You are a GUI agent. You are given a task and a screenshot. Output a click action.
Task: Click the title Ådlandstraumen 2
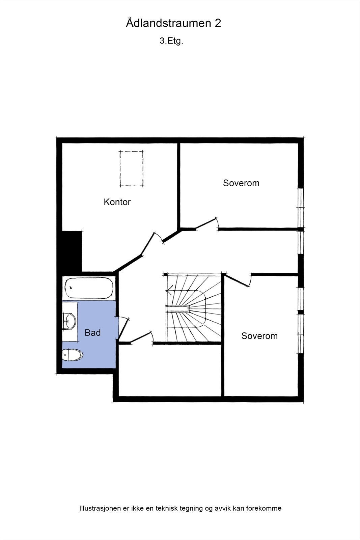[173, 23]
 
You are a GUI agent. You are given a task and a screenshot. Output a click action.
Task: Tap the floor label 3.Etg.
[171, 41]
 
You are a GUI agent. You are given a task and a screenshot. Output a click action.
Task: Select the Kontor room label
[117, 202]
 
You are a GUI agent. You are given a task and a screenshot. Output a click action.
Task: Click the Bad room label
[93, 333]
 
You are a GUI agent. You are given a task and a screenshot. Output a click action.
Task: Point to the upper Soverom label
[241, 183]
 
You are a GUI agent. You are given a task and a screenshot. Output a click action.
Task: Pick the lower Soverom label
[259, 336]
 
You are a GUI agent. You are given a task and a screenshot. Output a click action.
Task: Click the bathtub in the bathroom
[88, 288]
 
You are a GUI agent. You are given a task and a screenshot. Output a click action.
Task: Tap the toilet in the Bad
[72, 355]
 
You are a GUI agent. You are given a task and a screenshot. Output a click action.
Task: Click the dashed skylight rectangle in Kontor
[131, 169]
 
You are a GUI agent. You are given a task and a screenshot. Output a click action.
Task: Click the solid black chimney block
[72, 251]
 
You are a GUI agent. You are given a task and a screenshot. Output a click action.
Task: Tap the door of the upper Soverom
[206, 224]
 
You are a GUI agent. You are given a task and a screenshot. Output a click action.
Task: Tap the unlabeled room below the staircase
[170, 370]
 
